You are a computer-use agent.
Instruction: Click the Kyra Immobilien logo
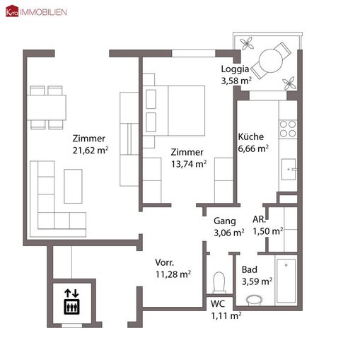35,12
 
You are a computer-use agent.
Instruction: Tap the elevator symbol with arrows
71,301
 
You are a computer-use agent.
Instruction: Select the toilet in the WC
220,281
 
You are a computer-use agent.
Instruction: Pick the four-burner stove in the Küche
288,128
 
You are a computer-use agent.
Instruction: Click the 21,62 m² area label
89,150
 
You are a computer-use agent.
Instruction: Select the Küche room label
250,137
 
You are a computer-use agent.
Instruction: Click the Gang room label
225,221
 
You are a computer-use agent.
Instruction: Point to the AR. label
259,220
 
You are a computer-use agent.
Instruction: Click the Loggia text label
236,69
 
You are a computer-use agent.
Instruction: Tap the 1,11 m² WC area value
226,316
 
